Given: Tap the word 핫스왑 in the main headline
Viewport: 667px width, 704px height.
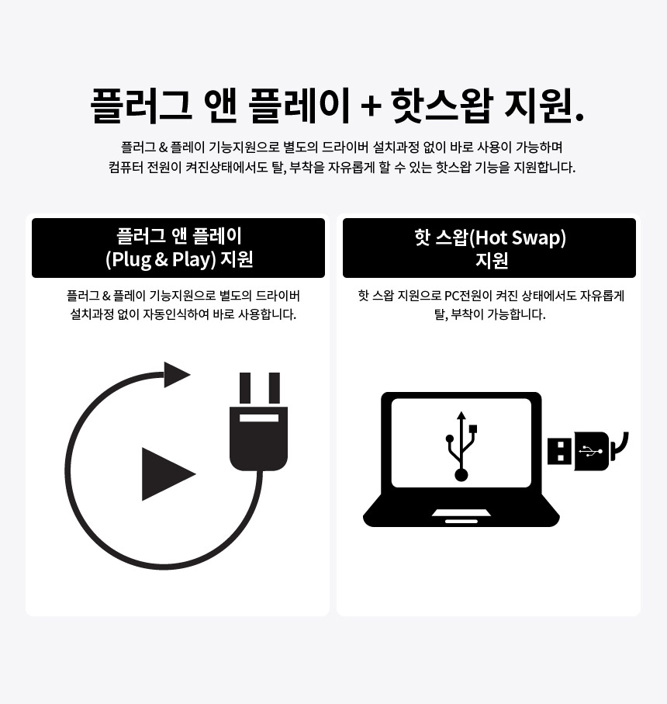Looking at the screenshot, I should click(440, 106).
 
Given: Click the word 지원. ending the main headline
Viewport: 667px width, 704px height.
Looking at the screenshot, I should click(544, 106).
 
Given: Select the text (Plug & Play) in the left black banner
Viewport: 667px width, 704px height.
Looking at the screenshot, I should click(161, 259).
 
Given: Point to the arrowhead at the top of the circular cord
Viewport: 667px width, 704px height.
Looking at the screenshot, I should click(176, 375).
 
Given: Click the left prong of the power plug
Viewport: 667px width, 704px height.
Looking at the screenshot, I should click(244, 387).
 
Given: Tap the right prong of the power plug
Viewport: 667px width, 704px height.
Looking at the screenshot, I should click(274, 387).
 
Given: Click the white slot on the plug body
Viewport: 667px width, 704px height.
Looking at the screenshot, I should click(259, 418).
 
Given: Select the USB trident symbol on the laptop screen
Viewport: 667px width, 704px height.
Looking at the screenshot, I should click(461, 446).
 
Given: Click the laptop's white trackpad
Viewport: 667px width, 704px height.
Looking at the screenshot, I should click(461, 515).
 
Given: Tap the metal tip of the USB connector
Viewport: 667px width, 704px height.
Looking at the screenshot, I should click(559, 451).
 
